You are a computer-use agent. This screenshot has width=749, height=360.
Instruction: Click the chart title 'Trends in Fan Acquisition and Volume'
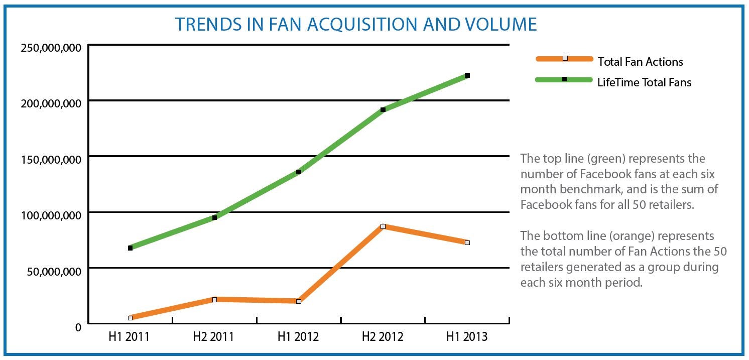(x=355, y=24)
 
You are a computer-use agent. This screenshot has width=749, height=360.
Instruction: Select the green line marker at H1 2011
(x=130, y=248)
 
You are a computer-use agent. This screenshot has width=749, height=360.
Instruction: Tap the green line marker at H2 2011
(x=214, y=217)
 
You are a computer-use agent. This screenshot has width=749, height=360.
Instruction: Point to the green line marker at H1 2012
(x=299, y=172)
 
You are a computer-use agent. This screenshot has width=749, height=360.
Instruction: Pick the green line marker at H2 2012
(x=383, y=109)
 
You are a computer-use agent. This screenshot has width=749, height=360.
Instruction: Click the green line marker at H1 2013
(x=467, y=75)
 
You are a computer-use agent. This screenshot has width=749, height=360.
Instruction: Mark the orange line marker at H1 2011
(x=130, y=318)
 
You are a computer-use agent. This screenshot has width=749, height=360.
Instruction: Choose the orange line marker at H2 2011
(x=214, y=300)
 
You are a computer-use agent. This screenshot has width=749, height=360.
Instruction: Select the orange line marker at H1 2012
(x=299, y=301)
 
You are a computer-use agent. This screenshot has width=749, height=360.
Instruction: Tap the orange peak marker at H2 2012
(x=383, y=226)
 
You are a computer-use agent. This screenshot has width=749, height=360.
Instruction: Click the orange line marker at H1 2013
(x=467, y=243)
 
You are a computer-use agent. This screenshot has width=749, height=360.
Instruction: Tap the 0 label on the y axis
(x=78, y=327)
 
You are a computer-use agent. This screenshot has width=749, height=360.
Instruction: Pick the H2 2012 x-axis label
(x=383, y=336)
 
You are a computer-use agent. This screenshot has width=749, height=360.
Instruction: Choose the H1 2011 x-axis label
(x=129, y=336)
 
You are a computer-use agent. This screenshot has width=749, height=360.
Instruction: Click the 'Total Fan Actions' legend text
(x=640, y=62)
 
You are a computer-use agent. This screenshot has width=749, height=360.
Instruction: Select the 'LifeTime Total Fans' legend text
(x=644, y=82)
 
